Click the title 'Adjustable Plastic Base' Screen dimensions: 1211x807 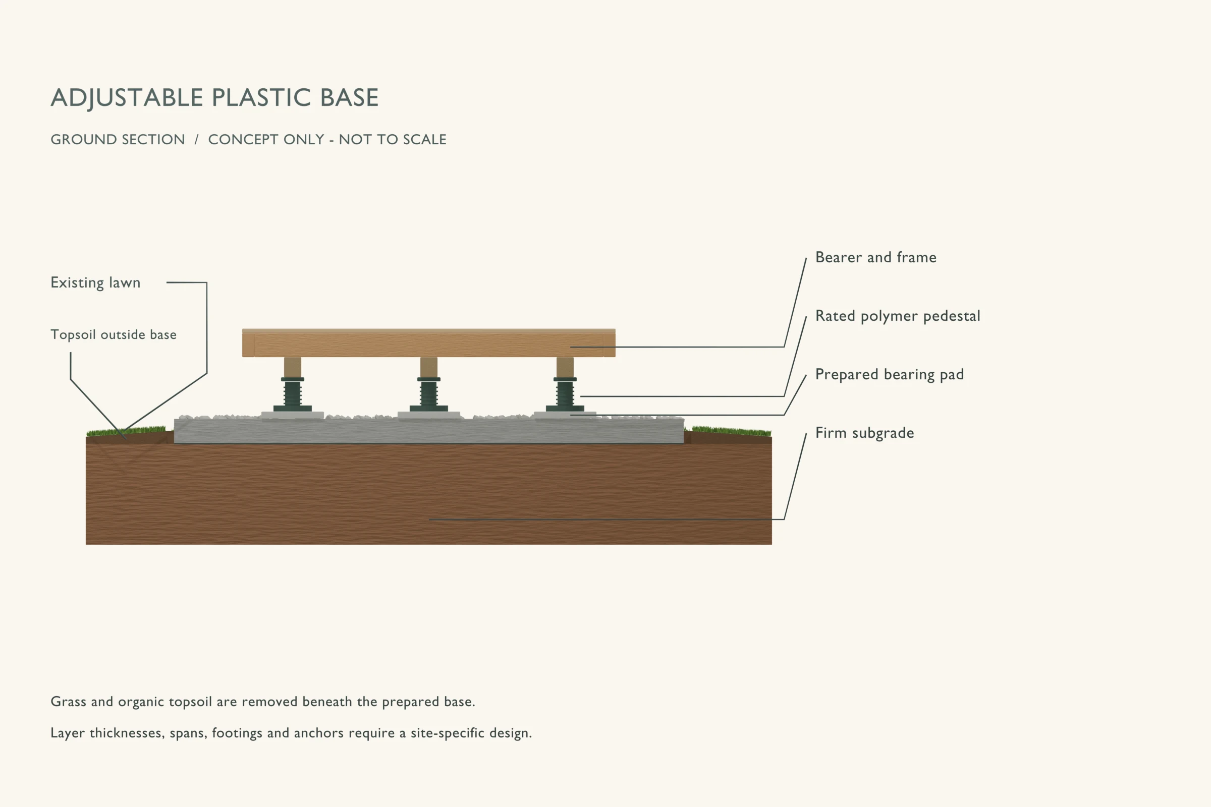click(x=215, y=98)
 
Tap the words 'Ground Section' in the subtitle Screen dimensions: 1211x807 click(x=118, y=140)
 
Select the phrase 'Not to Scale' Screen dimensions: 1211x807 click(x=393, y=140)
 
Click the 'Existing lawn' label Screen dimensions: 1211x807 click(x=95, y=282)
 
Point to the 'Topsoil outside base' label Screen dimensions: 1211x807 click(x=113, y=334)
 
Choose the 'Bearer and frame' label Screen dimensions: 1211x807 click(x=876, y=257)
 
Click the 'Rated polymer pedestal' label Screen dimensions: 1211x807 click(x=898, y=316)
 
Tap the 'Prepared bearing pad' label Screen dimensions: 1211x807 click(x=890, y=375)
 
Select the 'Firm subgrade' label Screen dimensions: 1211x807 click(x=865, y=433)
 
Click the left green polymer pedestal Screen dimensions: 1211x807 click(x=293, y=394)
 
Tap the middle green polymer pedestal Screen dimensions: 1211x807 click(x=429, y=394)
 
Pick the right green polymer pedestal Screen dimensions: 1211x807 click(x=565, y=394)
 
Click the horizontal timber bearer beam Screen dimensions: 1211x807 click(x=429, y=343)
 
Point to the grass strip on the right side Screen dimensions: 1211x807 click(x=731, y=431)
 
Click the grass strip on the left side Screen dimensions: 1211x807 click(x=126, y=431)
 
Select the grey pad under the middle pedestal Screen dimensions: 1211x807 click(x=429, y=415)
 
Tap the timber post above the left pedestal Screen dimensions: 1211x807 click(x=293, y=368)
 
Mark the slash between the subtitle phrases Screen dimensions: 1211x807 click(x=196, y=140)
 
